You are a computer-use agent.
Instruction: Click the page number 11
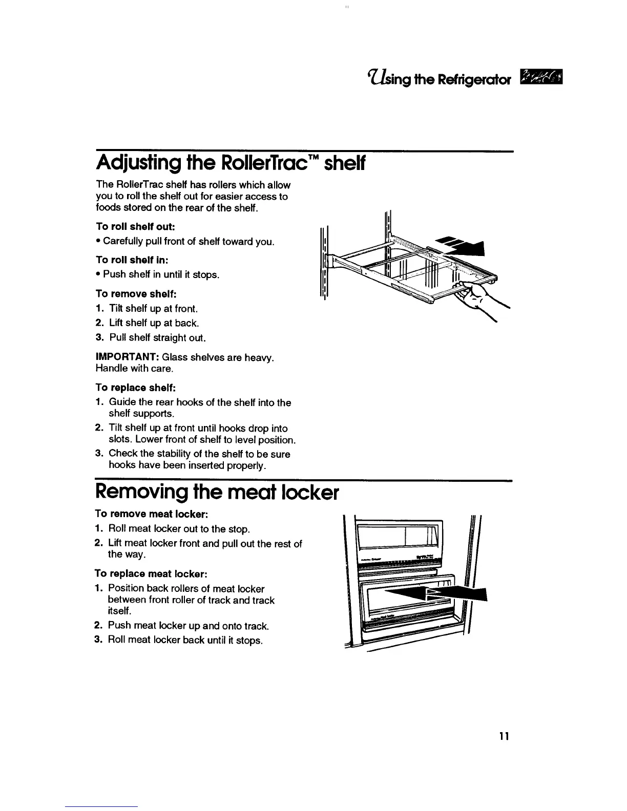click(504, 737)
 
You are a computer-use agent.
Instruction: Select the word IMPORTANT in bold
click(127, 357)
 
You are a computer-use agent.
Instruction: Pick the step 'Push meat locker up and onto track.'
click(188, 626)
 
